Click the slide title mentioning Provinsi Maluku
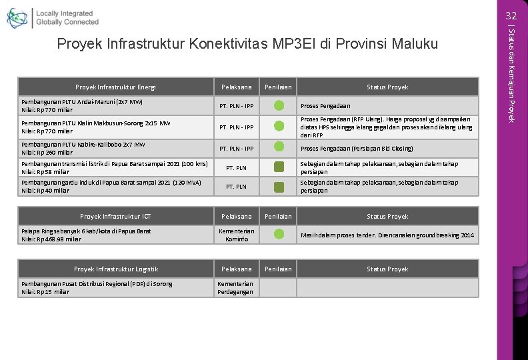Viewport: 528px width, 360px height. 247,45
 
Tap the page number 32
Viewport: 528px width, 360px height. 511,15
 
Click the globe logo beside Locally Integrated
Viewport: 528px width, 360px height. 17,18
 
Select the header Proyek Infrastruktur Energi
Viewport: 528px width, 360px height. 115,87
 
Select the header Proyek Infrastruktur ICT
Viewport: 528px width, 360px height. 115,217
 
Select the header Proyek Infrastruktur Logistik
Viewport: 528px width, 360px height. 115,269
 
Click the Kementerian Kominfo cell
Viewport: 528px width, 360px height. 236,235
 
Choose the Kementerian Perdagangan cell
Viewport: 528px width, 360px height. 236,287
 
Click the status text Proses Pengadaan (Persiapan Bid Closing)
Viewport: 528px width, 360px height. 357,149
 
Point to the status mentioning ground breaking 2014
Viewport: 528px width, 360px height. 387,235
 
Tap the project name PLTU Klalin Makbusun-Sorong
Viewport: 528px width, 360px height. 95,127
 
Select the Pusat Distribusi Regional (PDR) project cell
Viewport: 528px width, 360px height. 97,287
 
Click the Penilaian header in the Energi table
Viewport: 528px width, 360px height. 278,87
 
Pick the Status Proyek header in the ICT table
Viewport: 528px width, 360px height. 387,217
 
